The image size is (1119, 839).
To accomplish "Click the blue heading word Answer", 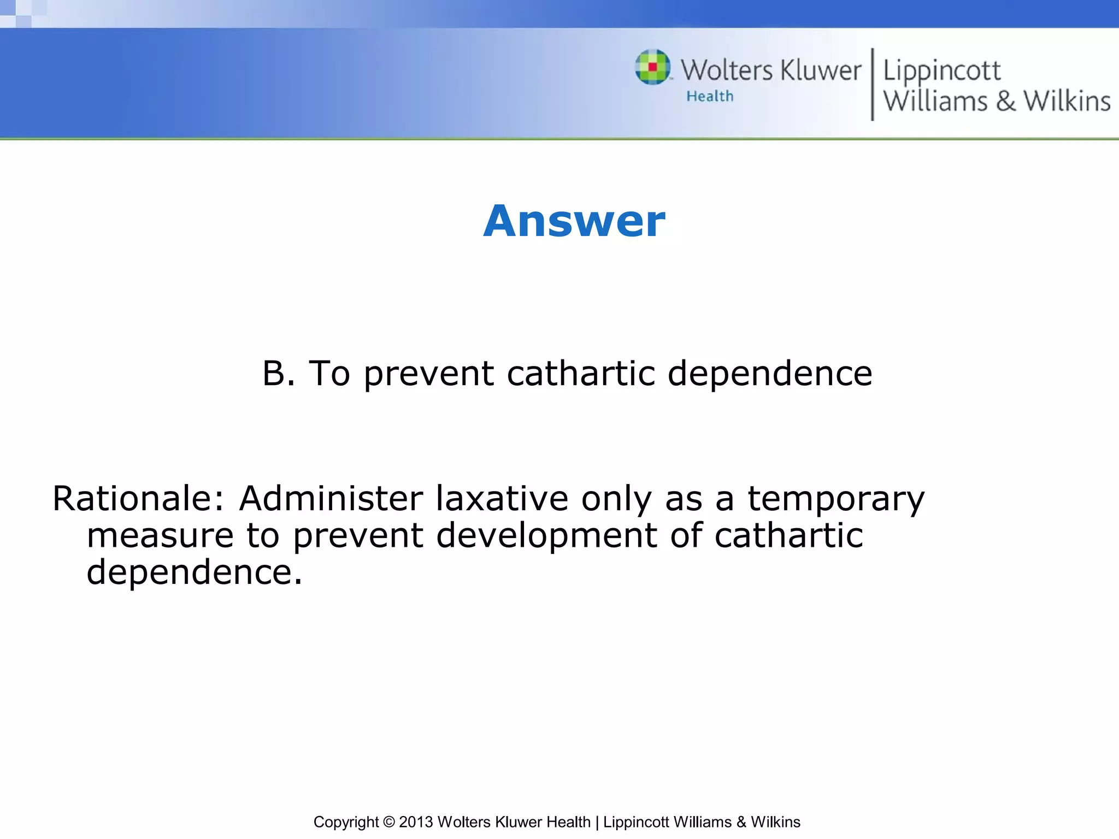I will click(x=574, y=221).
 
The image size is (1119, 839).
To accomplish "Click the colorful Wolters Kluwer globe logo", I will click(x=652, y=67).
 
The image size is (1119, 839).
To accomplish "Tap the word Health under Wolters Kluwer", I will click(x=710, y=97).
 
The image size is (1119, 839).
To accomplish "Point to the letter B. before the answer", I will click(x=279, y=374).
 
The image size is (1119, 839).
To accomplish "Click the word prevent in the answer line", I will click(x=429, y=375).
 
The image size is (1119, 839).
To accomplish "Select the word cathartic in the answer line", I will click(x=581, y=374).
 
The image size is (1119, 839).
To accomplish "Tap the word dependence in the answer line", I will click(x=770, y=374).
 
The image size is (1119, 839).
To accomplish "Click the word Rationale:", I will click(x=139, y=499).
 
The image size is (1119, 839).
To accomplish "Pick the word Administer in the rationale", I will click(x=331, y=499).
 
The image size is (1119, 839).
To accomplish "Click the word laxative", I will click(x=502, y=499).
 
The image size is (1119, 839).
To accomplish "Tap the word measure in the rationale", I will click(x=160, y=535).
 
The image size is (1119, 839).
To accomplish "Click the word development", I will click(x=546, y=536).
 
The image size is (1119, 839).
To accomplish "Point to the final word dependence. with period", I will click(x=194, y=572).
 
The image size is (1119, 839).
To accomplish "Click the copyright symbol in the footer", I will click(x=388, y=822).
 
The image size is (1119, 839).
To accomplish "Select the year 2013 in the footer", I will click(x=416, y=822).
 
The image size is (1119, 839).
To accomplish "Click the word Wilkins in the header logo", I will click(x=1067, y=102).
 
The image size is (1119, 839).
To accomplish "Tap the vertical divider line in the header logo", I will click(x=872, y=84).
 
